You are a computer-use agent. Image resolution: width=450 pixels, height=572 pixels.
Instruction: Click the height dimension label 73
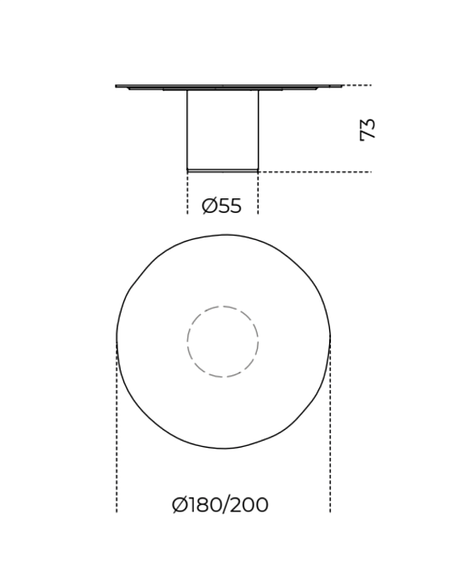point(367,129)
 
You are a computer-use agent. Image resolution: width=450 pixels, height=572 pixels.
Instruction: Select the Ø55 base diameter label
point(221,206)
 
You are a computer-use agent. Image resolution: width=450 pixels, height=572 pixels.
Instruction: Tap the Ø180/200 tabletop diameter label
point(220,505)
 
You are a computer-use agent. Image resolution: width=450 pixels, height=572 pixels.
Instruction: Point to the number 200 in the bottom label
point(250,505)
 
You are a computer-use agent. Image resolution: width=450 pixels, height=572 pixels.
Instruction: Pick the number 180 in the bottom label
point(204,505)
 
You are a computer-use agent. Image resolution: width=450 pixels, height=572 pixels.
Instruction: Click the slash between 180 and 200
point(225,505)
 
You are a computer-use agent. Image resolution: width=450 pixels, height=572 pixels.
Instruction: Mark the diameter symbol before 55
point(209,206)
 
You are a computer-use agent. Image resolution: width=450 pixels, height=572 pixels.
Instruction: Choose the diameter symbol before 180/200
point(179,505)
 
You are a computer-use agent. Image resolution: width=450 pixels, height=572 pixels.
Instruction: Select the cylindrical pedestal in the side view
point(223,130)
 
